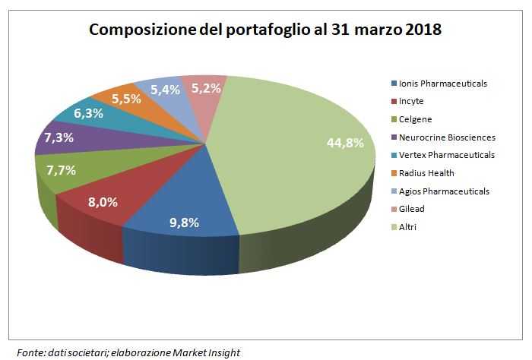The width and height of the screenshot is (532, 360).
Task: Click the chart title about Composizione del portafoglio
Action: (265, 30)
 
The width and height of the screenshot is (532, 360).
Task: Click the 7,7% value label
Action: (61, 171)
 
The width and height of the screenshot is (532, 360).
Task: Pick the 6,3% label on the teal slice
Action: (89, 114)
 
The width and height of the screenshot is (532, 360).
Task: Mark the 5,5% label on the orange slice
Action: (126, 98)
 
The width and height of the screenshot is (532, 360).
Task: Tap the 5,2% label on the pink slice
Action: (206, 88)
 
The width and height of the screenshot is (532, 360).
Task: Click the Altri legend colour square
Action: (392, 226)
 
